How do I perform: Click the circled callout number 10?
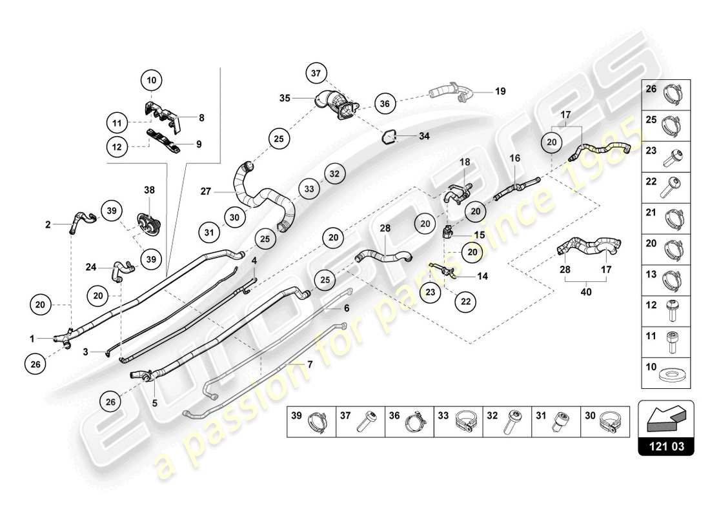[152, 81]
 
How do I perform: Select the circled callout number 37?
[316, 74]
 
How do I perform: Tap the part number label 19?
[500, 92]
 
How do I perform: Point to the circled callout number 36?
[385, 103]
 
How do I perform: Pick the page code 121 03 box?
[666, 444]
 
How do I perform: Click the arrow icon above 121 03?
[666, 419]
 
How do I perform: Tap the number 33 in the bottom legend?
[443, 417]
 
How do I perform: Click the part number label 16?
[514, 158]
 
